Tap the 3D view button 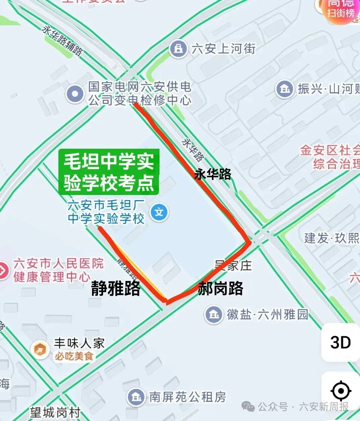click(x=341, y=342)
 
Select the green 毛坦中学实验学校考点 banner click(x=109, y=172)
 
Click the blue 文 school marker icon click(x=159, y=213)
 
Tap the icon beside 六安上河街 click(x=178, y=49)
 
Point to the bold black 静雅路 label click(x=116, y=288)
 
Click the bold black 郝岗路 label click(x=221, y=288)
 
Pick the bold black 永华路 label click(x=213, y=174)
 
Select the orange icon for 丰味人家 click(x=40, y=349)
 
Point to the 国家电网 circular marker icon click(x=75, y=93)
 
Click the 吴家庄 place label click(x=233, y=266)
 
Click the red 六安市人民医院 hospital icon click(x=3, y=270)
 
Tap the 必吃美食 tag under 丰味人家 click(x=74, y=356)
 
